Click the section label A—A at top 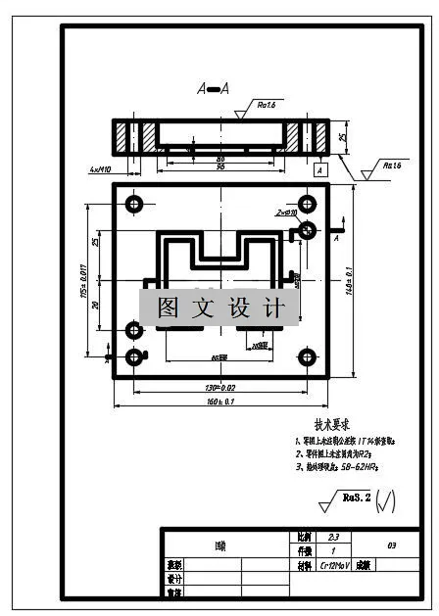(x=213, y=89)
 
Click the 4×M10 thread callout (x=101, y=169)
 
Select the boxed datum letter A (x=319, y=169)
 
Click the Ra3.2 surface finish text (x=356, y=498)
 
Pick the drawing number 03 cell (x=391, y=545)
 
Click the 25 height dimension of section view (x=342, y=136)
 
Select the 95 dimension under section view (x=219, y=166)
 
